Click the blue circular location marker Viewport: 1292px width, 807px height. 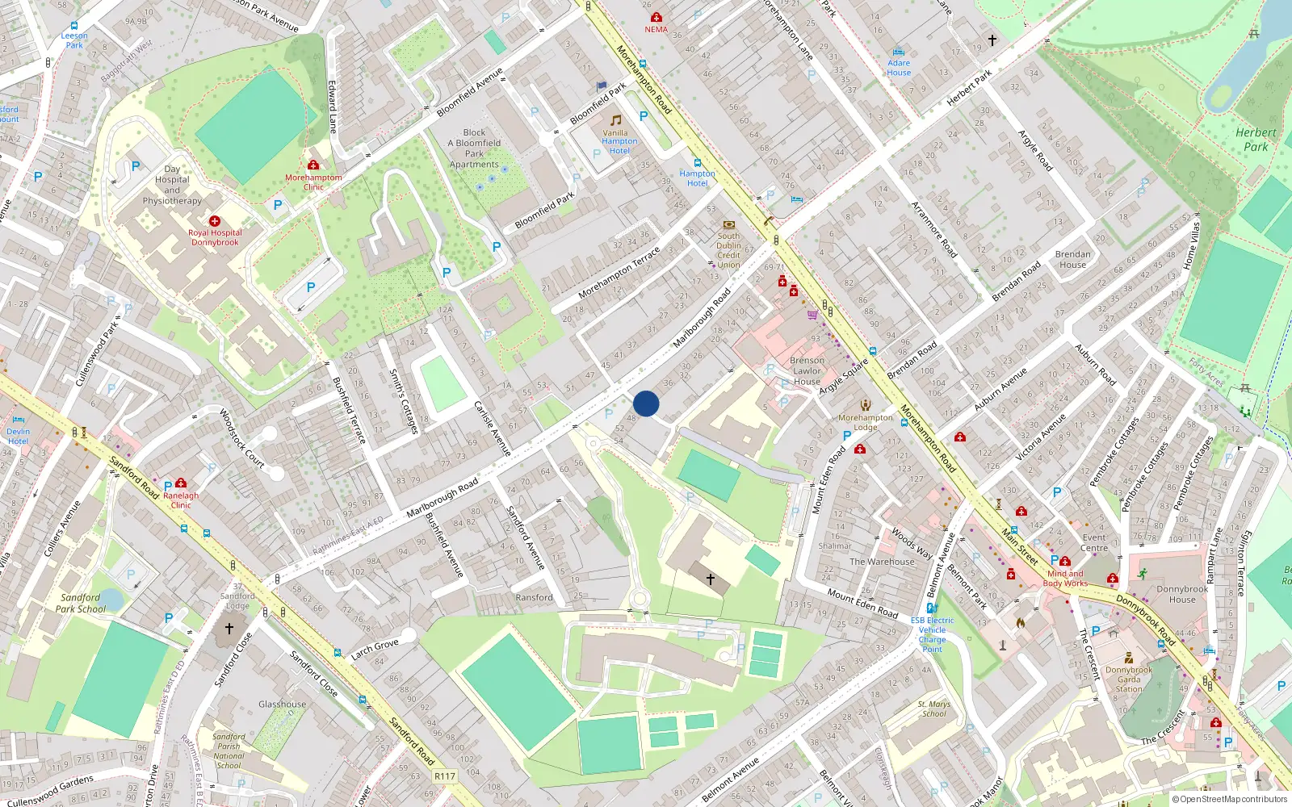[646, 403]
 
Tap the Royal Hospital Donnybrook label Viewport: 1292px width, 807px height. [215, 237]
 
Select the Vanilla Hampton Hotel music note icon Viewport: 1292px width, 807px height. [616, 120]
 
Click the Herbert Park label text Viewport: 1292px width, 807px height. [1256, 140]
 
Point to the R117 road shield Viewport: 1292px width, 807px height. [445, 776]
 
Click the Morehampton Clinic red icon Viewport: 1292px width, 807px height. [313, 165]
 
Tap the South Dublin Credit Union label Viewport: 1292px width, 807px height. [728, 250]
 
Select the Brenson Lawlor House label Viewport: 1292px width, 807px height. [807, 371]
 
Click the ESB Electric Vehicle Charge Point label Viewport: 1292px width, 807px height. [932, 634]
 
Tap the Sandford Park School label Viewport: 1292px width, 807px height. [81, 604]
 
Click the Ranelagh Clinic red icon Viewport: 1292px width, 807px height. [181, 483]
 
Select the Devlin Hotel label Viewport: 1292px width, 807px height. [18, 436]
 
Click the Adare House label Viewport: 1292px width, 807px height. [899, 68]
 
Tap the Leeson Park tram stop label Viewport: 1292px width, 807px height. [74, 40]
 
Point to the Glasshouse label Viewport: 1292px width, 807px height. [282, 705]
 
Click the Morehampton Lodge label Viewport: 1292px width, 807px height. [866, 422]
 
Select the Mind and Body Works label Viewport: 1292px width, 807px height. [1065, 579]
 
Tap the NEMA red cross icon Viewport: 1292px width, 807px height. [656, 17]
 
